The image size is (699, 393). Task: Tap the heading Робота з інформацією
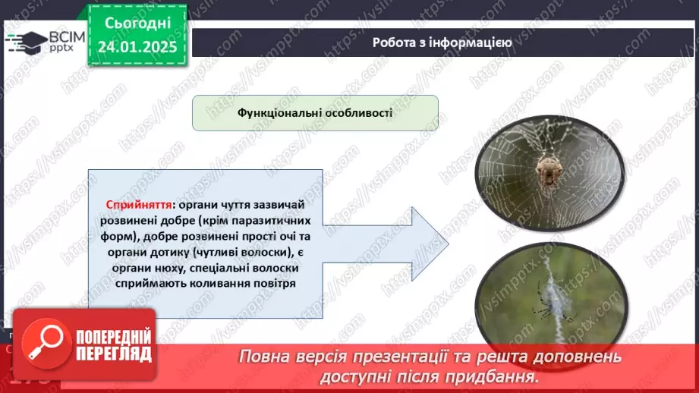pos(442,42)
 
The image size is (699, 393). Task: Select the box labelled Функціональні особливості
pos(315,112)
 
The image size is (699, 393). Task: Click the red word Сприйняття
pos(138,206)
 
